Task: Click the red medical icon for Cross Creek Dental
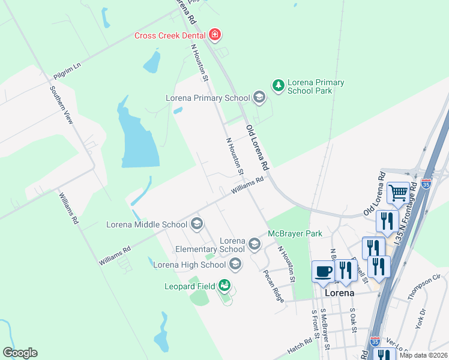(x=215, y=35)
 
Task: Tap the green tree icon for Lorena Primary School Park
(x=278, y=86)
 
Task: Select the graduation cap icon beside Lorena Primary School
(x=259, y=97)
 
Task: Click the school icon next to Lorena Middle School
(x=196, y=225)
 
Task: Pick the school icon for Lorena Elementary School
(x=255, y=244)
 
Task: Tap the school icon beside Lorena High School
(x=235, y=264)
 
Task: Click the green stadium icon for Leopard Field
(x=224, y=286)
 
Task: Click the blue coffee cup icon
(x=323, y=271)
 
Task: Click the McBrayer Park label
(x=295, y=233)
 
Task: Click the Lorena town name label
(x=339, y=293)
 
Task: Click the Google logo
(x=20, y=353)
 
